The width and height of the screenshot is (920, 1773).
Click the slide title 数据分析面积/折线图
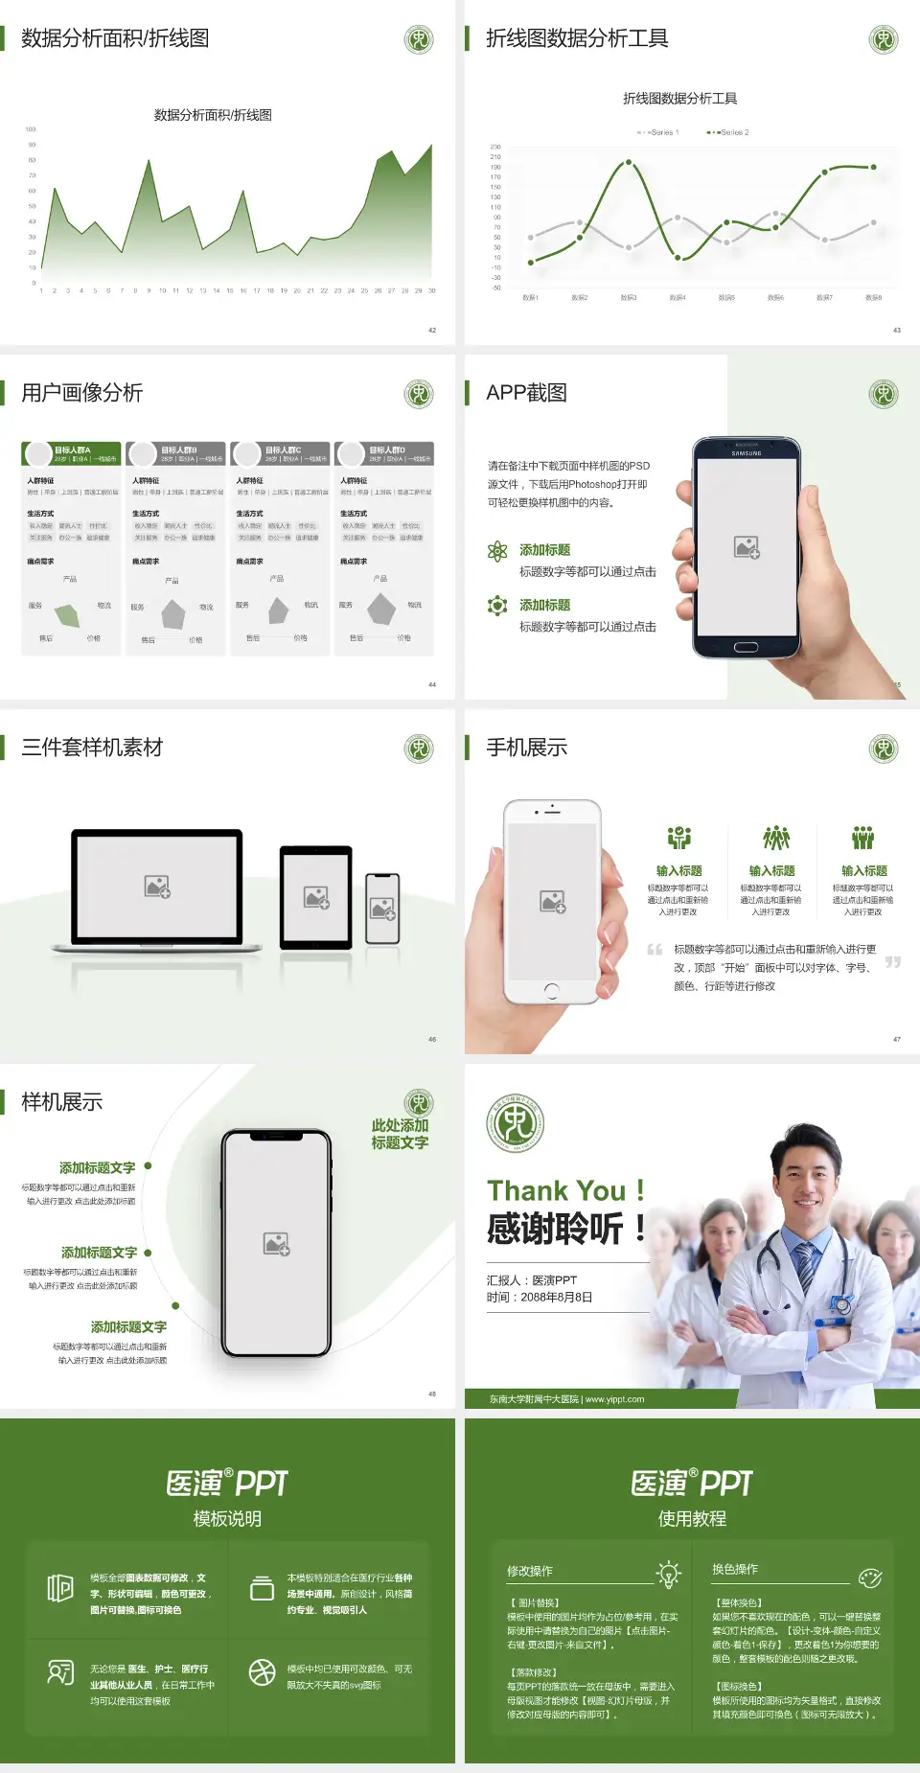[115, 38]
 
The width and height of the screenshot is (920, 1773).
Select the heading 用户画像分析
[82, 393]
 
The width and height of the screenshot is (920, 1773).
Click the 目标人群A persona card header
[72, 453]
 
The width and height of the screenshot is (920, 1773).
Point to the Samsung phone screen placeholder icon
[747, 547]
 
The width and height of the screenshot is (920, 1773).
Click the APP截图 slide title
[526, 393]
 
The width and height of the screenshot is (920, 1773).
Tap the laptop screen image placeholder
[157, 886]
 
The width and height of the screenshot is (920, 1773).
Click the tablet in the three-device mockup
[316, 897]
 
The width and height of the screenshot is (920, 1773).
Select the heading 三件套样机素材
[92, 748]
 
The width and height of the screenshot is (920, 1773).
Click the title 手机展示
[526, 748]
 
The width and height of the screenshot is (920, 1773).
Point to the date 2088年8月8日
[556, 1298]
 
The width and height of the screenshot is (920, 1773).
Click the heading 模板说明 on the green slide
[227, 1519]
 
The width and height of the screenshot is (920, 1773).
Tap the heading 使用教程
[692, 1519]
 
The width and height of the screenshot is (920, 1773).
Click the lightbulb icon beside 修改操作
[668, 1574]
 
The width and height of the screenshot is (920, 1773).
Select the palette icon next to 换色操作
[870, 1577]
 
